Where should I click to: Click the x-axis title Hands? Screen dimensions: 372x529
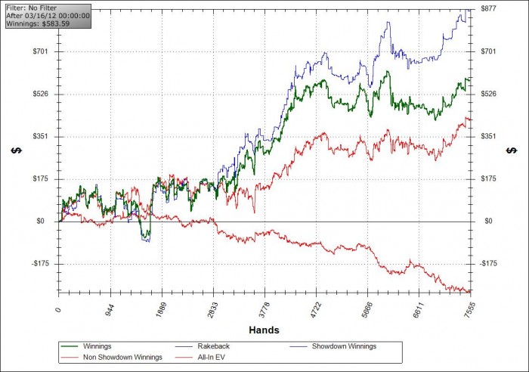[x=264, y=330]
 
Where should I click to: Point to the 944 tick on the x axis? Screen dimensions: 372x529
[x=110, y=311]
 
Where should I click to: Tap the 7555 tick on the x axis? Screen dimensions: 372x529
[x=469, y=311]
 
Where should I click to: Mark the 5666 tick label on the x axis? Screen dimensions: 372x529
[x=367, y=311]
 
